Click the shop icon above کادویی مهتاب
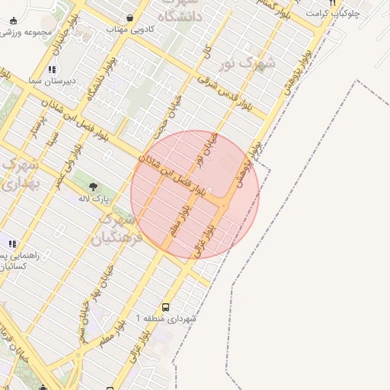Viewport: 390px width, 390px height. pos(130,18)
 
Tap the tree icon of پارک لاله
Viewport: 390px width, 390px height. pos(93,187)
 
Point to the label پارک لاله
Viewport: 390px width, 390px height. pos(94,198)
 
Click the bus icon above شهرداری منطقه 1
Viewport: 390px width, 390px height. pos(166,308)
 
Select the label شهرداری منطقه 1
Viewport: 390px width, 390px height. pos(165,319)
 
